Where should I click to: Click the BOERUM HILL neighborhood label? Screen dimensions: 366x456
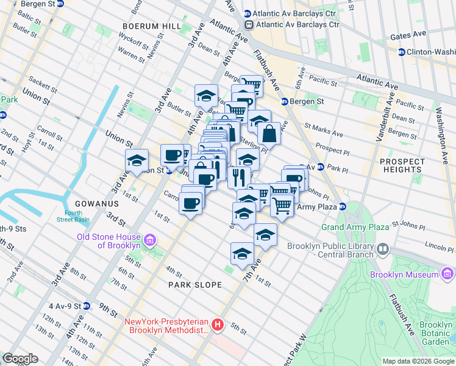151,26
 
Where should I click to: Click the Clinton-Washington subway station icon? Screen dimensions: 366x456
401,52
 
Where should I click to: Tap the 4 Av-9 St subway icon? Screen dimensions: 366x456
87,306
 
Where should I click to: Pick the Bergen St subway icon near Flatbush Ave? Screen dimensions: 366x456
284,101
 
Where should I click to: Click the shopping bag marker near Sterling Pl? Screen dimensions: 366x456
269,132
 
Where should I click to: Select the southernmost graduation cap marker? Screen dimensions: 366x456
242,254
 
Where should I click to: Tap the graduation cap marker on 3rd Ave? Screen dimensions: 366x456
137,160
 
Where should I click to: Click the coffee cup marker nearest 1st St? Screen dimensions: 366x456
191,202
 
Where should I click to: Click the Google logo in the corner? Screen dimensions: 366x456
21,359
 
